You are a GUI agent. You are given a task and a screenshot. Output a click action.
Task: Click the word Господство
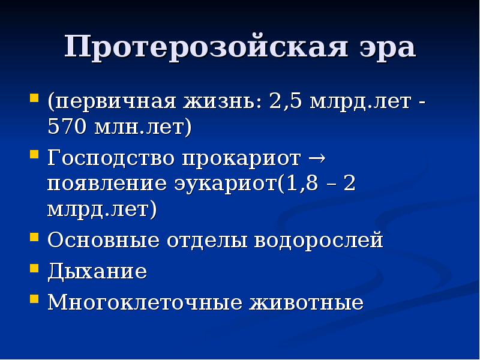coord(112,158)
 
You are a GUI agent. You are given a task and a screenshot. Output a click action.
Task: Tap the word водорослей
coord(319,241)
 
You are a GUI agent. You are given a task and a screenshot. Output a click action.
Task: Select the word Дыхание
coord(97,271)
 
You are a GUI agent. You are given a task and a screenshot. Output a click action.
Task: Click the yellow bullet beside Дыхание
coord(35,268)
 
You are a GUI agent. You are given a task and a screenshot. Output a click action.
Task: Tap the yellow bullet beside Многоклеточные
coord(35,298)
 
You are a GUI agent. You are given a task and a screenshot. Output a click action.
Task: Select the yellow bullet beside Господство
coord(35,155)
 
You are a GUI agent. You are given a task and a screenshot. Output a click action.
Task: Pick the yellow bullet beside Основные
coord(35,238)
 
